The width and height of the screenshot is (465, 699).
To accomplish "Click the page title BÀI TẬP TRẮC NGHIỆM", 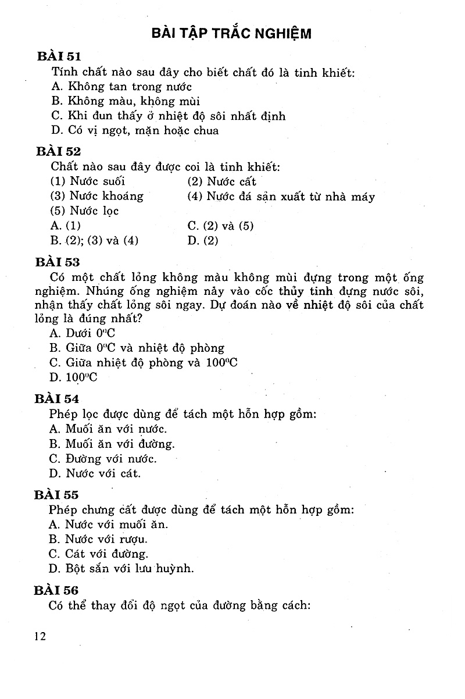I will pyautogui.click(x=231, y=33).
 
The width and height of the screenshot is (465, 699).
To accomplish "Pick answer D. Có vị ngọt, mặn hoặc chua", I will pyautogui.click(x=135, y=130).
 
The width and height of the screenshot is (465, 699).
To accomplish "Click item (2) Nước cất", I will pyautogui.click(x=222, y=181).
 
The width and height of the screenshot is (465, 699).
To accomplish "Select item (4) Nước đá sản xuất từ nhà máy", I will pyautogui.click(x=281, y=197).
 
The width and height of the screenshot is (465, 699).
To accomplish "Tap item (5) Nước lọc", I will pyautogui.click(x=85, y=211).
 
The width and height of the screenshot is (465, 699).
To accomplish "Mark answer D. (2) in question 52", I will pyautogui.click(x=203, y=240).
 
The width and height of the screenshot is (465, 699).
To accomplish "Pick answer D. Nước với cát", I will pyautogui.click(x=95, y=473).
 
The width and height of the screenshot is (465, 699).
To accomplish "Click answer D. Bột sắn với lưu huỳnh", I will pyautogui.click(x=121, y=568).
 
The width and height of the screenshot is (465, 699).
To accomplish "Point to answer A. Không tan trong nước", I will pyautogui.click(x=113, y=87).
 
